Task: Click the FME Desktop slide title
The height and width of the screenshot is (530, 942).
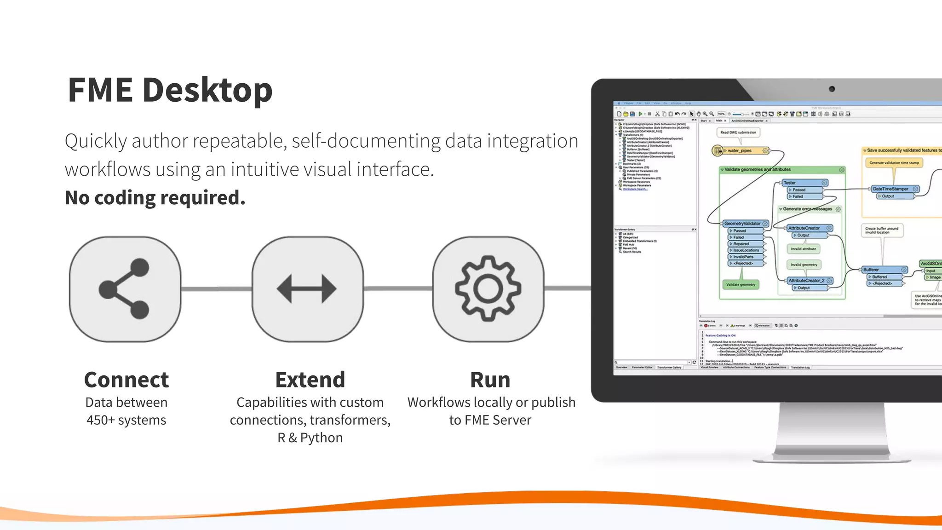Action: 170,90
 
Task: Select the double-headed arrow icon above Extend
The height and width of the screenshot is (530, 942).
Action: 307,289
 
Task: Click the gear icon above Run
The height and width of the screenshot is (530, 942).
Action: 488,289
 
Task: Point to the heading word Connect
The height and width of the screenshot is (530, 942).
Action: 126,380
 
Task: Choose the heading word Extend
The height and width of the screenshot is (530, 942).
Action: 310,380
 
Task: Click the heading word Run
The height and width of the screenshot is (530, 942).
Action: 490,380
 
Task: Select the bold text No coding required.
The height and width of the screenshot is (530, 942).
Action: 155,198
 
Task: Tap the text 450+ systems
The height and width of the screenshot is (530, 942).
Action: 126,420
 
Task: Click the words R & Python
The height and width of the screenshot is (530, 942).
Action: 310,438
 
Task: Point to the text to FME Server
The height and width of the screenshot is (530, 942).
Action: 490,420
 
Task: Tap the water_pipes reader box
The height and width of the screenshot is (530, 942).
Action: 741,150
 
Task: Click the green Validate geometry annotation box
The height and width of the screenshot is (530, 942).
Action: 741,285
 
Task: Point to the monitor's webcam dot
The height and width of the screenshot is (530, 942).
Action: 832,89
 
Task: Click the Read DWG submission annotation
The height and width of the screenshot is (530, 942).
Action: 738,132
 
